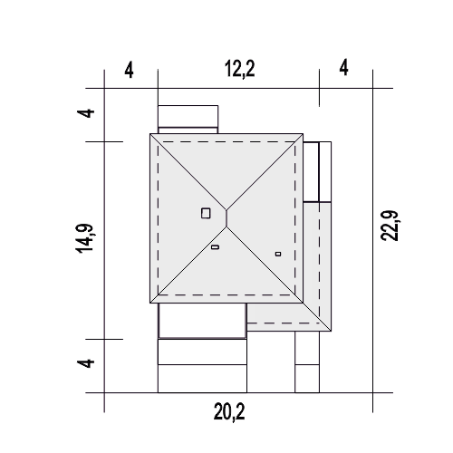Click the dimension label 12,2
(240, 69)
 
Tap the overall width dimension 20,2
(229, 412)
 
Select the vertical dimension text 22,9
(390, 226)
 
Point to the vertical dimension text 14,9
(84, 238)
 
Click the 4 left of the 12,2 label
(129, 70)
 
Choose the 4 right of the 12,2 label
(343, 68)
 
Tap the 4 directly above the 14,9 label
(86, 113)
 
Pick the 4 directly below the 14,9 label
(86, 363)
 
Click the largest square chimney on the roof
(206, 213)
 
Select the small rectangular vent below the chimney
(215, 247)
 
